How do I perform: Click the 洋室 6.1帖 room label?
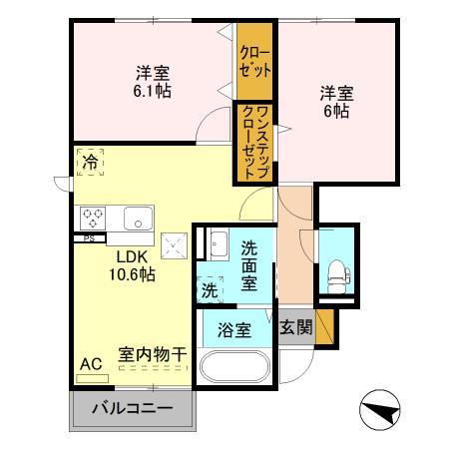[153, 81]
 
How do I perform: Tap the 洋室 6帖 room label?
[334, 102]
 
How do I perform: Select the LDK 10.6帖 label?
[132, 264]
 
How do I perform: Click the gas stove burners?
[94, 217]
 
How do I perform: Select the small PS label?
[88, 238]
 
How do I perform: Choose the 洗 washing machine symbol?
[209, 291]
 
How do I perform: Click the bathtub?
[234, 365]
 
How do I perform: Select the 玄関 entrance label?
[295, 326]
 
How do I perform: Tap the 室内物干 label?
[153, 353]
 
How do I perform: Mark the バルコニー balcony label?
[133, 408]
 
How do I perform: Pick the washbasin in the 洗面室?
[218, 242]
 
